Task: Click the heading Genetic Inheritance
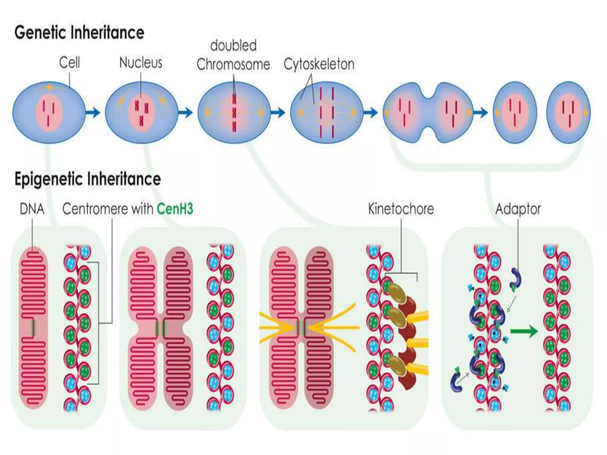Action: (79, 32)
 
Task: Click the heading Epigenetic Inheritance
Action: (87, 179)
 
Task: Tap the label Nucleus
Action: (140, 63)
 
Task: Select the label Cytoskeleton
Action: (319, 64)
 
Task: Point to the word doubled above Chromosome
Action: (233, 46)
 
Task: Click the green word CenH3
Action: (175, 209)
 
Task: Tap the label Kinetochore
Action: (401, 209)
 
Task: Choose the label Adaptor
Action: (518, 209)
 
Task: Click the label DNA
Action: (32, 209)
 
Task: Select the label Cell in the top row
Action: (69, 63)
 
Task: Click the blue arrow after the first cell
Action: (93, 113)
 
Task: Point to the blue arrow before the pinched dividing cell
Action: (370, 113)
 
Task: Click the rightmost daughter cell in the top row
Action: (568, 113)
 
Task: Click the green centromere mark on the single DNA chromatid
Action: (33, 327)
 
